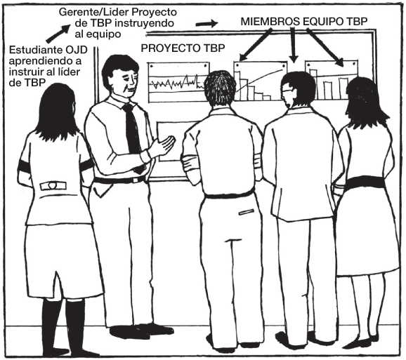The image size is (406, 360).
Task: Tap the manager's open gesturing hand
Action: [x=164, y=145]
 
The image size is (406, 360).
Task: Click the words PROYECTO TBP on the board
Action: [x=183, y=48]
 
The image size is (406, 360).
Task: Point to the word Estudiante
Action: [x=32, y=50]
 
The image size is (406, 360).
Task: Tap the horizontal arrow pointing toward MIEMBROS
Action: [x=207, y=24]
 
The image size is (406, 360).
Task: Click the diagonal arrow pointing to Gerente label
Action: [x=58, y=33]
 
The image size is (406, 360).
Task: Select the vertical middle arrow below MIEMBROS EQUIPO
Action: [x=293, y=45]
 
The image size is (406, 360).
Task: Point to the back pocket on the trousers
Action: [x=247, y=212]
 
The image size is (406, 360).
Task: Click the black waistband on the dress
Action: [x=365, y=182]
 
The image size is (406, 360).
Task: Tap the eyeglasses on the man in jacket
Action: [x=287, y=91]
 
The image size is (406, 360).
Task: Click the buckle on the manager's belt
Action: [x=136, y=180]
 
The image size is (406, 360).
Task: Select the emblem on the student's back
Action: [x=53, y=185]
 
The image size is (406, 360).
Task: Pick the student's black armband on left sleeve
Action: [x=24, y=166]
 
